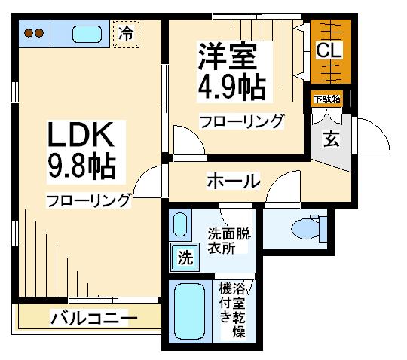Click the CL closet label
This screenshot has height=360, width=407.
click(x=329, y=50)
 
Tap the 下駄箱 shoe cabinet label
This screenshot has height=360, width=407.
click(x=327, y=99)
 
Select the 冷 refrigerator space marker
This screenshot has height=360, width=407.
click(x=126, y=34)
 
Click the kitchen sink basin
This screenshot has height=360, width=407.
click(x=87, y=34)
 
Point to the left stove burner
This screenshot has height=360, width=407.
click(x=29, y=33)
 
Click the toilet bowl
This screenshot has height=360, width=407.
click(x=305, y=229)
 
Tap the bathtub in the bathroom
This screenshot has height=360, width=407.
click(x=189, y=312)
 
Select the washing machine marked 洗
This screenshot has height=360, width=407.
click(x=185, y=257)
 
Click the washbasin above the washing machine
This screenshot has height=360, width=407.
click(x=180, y=224)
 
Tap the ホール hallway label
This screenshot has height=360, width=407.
click(x=234, y=181)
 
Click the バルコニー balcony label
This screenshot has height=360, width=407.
click(x=93, y=318)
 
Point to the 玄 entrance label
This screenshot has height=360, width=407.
click(x=331, y=139)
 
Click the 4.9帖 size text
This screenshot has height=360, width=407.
click(x=232, y=87)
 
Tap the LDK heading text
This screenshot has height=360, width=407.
click(x=81, y=134)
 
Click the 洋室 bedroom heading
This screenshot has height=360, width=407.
click(x=228, y=56)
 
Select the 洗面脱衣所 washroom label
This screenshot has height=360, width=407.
click(x=228, y=241)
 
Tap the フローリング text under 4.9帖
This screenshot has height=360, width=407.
click(x=241, y=121)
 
